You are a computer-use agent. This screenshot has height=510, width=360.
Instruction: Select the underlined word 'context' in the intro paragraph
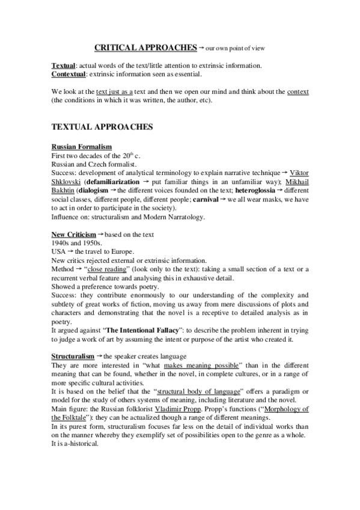pyautogui.click(x=298, y=91)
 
